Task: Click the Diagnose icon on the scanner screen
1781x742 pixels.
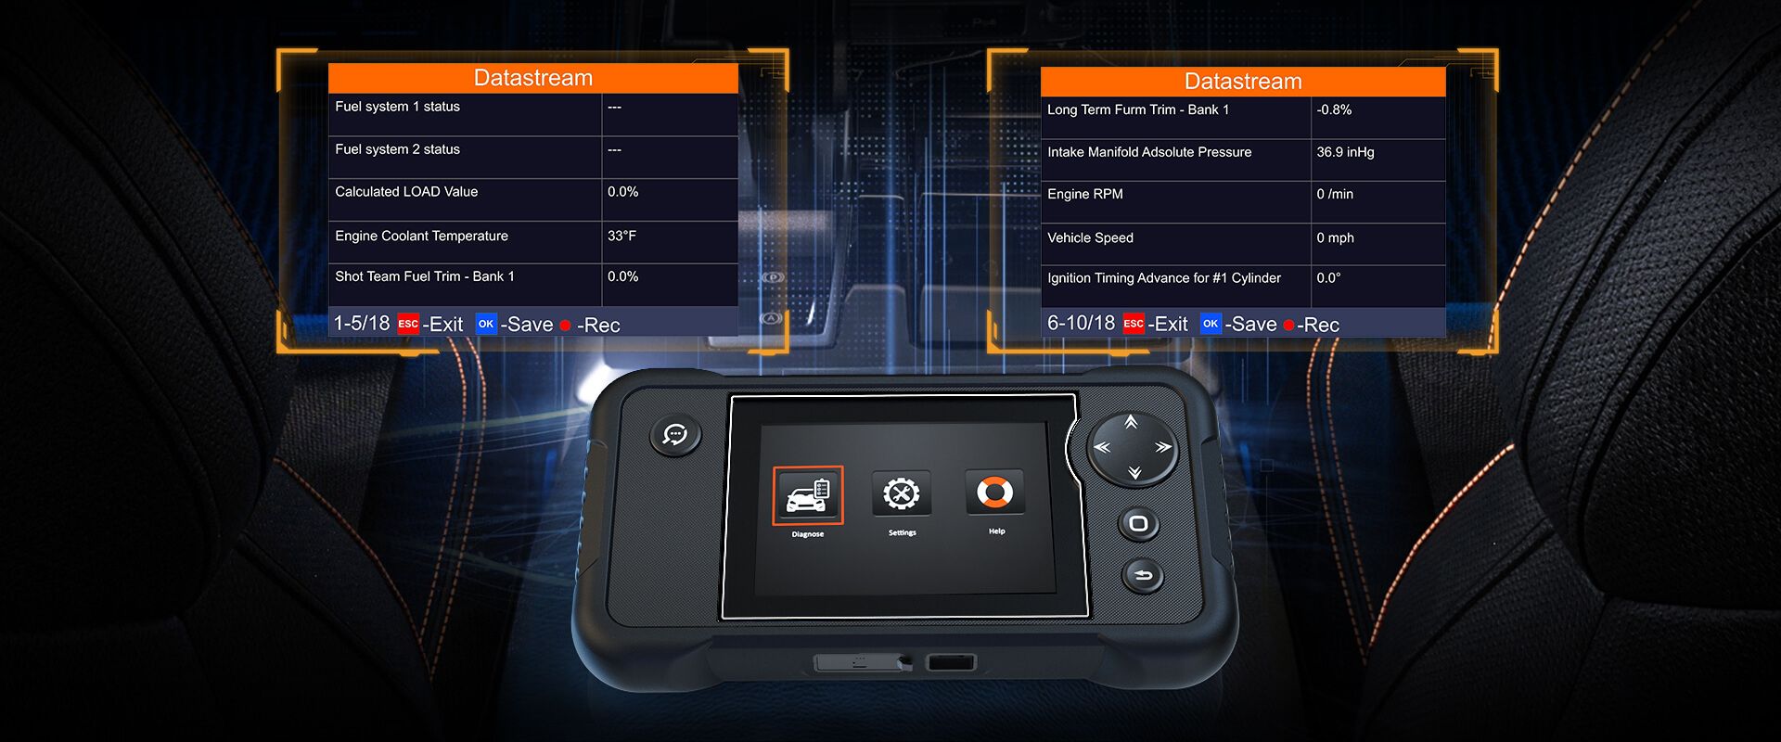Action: [x=808, y=494]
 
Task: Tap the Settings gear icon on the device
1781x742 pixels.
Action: [x=902, y=493]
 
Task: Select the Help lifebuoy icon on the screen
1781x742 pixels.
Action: [x=994, y=492]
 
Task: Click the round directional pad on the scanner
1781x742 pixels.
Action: [x=1133, y=448]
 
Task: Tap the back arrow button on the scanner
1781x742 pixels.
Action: [x=1143, y=576]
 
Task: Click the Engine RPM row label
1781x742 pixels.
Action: [x=1085, y=194]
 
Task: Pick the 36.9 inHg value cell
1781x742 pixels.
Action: [x=1345, y=152]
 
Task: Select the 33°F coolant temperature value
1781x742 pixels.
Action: [x=621, y=236]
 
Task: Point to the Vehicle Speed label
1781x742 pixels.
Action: [x=1090, y=238]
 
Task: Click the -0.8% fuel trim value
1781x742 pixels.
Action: [x=1334, y=109]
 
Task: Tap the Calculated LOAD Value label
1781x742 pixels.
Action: [x=406, y=192]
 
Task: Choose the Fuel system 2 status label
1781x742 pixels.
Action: [x=397, y=149]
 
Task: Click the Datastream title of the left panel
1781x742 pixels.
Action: [x=533, y=78]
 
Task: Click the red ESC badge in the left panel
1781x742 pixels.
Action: [x=408, y=324]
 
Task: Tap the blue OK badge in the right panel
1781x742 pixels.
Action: [x=1211, y=324]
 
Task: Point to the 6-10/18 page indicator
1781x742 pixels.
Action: [x=1081, y=324]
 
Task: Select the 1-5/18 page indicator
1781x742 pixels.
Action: [x=362, y=324]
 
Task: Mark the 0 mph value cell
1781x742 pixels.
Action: [x=1335, y=238]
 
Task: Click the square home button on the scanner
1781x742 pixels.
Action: [x=1139, y=524]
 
